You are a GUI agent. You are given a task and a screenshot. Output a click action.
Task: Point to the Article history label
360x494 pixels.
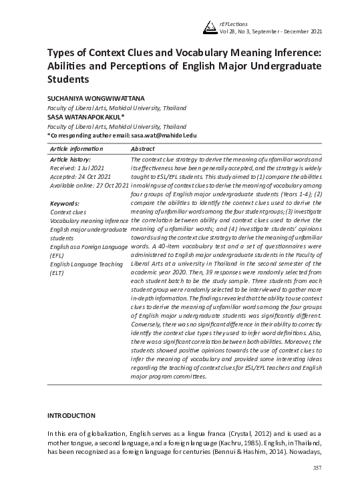70,160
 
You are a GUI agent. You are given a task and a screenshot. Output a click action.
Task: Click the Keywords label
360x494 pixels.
65,203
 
